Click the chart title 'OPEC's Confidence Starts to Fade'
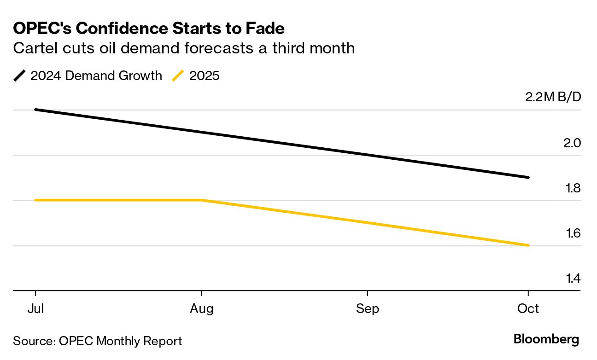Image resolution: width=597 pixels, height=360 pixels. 149,29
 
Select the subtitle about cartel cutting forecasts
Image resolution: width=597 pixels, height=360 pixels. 184,48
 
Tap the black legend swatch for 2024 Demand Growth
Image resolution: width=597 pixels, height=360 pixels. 20,75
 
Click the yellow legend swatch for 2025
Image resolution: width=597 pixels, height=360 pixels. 178,75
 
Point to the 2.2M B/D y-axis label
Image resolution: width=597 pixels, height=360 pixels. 553,98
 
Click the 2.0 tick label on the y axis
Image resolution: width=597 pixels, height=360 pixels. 572,143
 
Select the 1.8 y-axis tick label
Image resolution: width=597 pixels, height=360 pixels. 572,188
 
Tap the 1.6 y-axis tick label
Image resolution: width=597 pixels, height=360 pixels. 572,233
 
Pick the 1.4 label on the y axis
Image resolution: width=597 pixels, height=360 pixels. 572,279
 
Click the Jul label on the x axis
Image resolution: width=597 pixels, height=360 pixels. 35,308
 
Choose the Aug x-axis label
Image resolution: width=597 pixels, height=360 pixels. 201,308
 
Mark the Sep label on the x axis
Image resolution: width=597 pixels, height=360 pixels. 367,308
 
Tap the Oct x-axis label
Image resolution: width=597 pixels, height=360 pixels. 528,308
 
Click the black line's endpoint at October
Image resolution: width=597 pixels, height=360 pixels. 528,177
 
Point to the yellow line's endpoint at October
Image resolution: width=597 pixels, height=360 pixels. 528,245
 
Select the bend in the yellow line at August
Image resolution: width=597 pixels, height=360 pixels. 201,200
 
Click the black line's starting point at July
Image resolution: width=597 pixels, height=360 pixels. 36,110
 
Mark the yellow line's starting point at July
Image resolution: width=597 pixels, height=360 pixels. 36,200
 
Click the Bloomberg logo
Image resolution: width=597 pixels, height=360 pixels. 546,340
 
